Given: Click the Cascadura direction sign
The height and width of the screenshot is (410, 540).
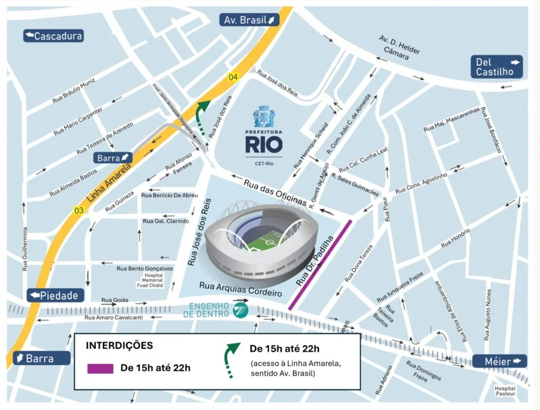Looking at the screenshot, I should [53, 36].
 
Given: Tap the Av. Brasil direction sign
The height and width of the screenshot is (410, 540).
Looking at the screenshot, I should [249, 20].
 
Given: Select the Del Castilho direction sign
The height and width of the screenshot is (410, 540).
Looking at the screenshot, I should [496, 67].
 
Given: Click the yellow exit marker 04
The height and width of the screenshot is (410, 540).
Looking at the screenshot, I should [233, 78].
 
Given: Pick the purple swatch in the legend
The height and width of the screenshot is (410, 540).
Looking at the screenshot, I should [100, 368].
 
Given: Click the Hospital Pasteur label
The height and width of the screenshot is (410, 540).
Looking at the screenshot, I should [505, 391].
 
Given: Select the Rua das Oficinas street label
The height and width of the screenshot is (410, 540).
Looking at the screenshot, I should [275, 193].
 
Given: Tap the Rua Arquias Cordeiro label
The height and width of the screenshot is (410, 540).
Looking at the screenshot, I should [240, 289].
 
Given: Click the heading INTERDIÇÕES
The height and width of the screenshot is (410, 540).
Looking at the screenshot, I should [119, 346].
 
